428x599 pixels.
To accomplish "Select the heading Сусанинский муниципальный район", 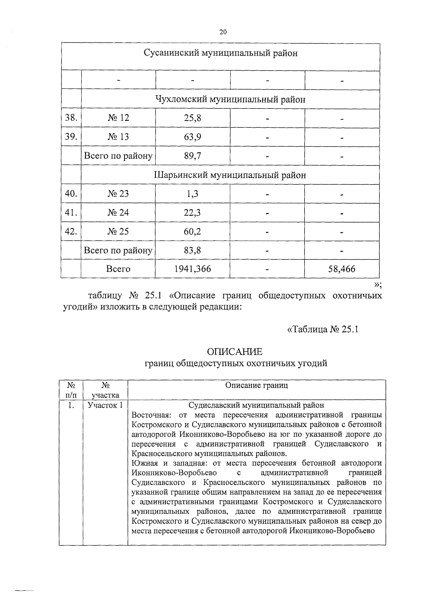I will point(220,53).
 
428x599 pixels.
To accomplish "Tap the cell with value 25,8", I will point(193,118).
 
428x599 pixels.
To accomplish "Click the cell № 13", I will point(118,137).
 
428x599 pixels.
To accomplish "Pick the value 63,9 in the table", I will point(193,137).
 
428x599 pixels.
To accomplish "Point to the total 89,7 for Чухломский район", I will point(193,156).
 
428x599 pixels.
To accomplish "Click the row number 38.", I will point(71,118).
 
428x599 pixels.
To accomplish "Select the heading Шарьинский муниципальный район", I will point(230,175).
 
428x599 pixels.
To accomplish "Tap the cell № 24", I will point(118,213).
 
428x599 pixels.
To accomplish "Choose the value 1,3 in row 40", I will point(193,194).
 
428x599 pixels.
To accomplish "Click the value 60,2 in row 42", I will point(193,232).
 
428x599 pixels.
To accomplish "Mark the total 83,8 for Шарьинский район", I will point(193,250).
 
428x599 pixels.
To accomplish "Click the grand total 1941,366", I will point(193,269).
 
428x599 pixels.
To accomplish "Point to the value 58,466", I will point(342,269).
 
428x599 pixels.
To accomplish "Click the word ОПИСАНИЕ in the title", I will point(235,352).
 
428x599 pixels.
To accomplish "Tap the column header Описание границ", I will point(256,385).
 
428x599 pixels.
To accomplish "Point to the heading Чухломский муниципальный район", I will point(230,99).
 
